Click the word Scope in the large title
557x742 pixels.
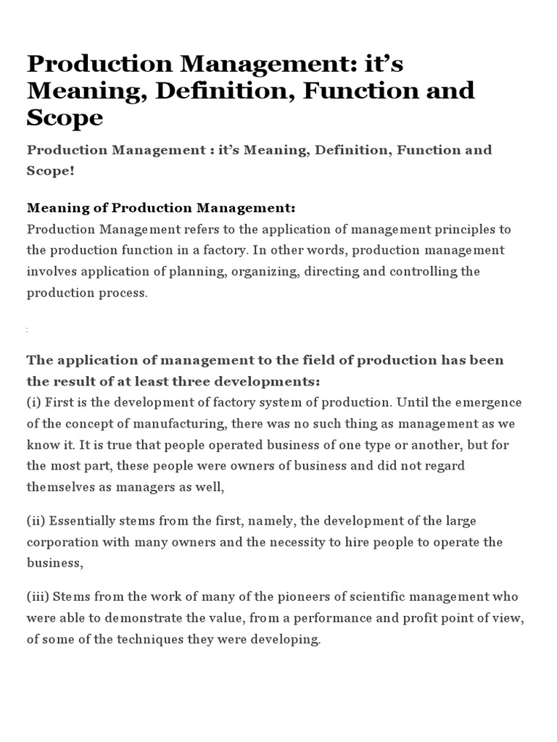(x=65, y=117)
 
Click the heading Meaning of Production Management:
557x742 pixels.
(x=161, y=208)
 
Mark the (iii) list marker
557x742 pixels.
(x=38, y=596)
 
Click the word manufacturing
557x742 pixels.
(x=179, y=424)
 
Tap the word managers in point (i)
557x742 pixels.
(x=142, y=488)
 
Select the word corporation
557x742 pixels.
(x=61, y=543)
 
